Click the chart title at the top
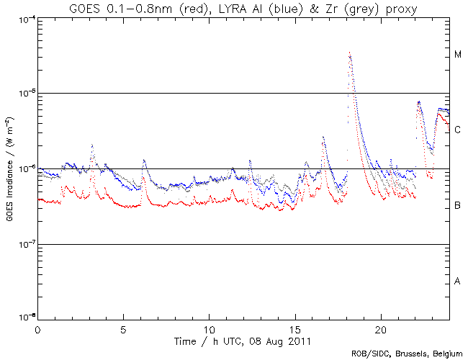[x=243, y=8]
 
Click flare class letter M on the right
[x=457, y=55]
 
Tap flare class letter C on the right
[x=457, y=130]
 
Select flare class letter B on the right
[x=457, y=206]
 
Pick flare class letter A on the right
[x=457, y=281]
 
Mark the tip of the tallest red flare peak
[x=349, y=53]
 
